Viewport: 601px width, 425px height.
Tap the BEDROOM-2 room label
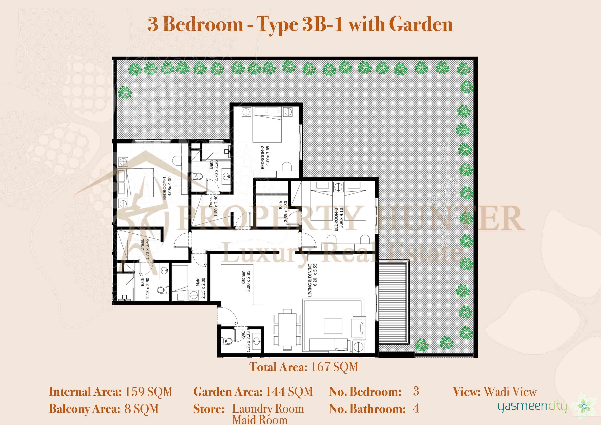coord(262,157)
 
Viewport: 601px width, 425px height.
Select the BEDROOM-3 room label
coord(336,219)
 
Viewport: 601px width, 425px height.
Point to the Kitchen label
coord(243,277)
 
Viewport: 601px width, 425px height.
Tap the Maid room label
coord(198,282)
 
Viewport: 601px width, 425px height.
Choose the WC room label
coord(243,334)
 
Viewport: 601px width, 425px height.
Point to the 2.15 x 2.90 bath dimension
coord(148,288)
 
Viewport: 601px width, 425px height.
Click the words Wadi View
coord(510,392)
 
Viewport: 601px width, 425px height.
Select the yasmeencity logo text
coord(532,407)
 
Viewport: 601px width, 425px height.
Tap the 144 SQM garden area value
coord(289,392)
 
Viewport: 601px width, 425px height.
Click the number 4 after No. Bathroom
coord(416,409)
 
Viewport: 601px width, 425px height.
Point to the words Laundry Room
coord(268,409)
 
